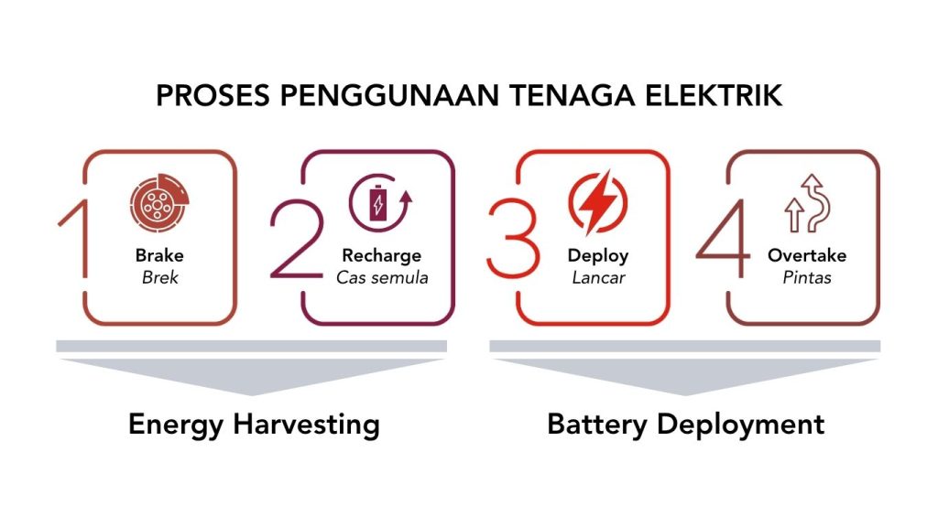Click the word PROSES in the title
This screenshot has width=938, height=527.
coord(213,95)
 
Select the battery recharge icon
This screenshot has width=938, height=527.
coord(380,203)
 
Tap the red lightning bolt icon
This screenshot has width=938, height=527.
coord(597,202)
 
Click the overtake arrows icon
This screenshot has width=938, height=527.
coord(808,203)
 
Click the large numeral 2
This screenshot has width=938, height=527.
coord(297,239)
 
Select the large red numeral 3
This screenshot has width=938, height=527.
coord(513,239)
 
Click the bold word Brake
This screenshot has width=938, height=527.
coord(159,255)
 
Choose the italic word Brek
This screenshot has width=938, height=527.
coord(159,277)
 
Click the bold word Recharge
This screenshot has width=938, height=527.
coord(382,256)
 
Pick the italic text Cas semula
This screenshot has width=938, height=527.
coord(382,277)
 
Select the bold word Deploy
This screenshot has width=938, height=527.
coord(597,256)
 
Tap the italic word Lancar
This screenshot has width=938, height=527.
coord(597,277)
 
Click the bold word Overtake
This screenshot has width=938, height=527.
coord(807,255)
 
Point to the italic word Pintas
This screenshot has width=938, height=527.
coord(807,277)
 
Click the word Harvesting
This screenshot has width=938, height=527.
coord(306,425)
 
